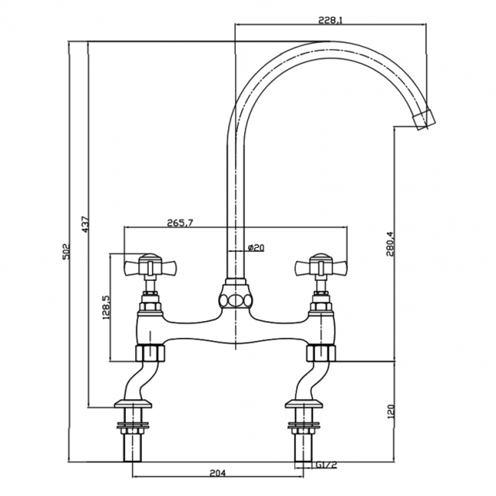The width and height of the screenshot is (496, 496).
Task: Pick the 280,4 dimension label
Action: point(390,244)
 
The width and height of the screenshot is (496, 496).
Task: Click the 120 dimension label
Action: point(391,411)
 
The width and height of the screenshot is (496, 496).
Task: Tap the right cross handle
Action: point(320,267)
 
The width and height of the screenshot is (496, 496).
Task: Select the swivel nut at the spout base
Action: point(234,295)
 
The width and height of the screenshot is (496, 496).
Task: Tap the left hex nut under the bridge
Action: point(151,353)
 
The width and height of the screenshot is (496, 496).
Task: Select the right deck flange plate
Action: point(303,404)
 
